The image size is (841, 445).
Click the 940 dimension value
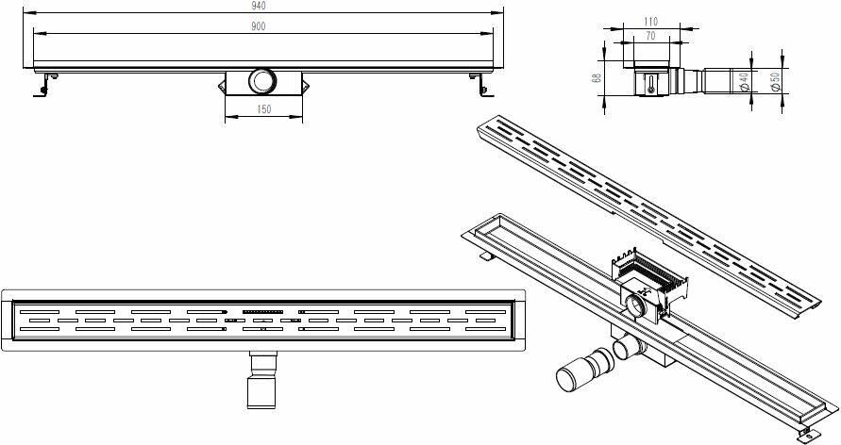click(x=258, y=6)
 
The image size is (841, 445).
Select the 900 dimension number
click(x=258, y=26)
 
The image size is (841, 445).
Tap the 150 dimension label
click(x=264, y=109)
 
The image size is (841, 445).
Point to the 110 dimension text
click(x=650, y=22)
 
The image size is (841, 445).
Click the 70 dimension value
click(x=650, y=37)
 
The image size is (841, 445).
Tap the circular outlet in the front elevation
click(x=262, y=81)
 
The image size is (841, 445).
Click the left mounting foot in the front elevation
click(x=44, y=85)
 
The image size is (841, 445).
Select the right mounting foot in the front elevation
click(x=481, y=85)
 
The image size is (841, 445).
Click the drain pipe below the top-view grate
click(x=262, y=380)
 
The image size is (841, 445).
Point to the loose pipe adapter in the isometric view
click(x=585, y=369)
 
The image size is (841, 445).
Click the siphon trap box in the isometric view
click(x=649, y=287)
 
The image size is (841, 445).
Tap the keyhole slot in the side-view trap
click(x=651, y=85)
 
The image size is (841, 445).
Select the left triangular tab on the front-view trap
click(x=222, y=86)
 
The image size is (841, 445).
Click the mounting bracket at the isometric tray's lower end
click(x=806, y=433)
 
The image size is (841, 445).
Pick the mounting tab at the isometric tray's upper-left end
click(x=487, y=255)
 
